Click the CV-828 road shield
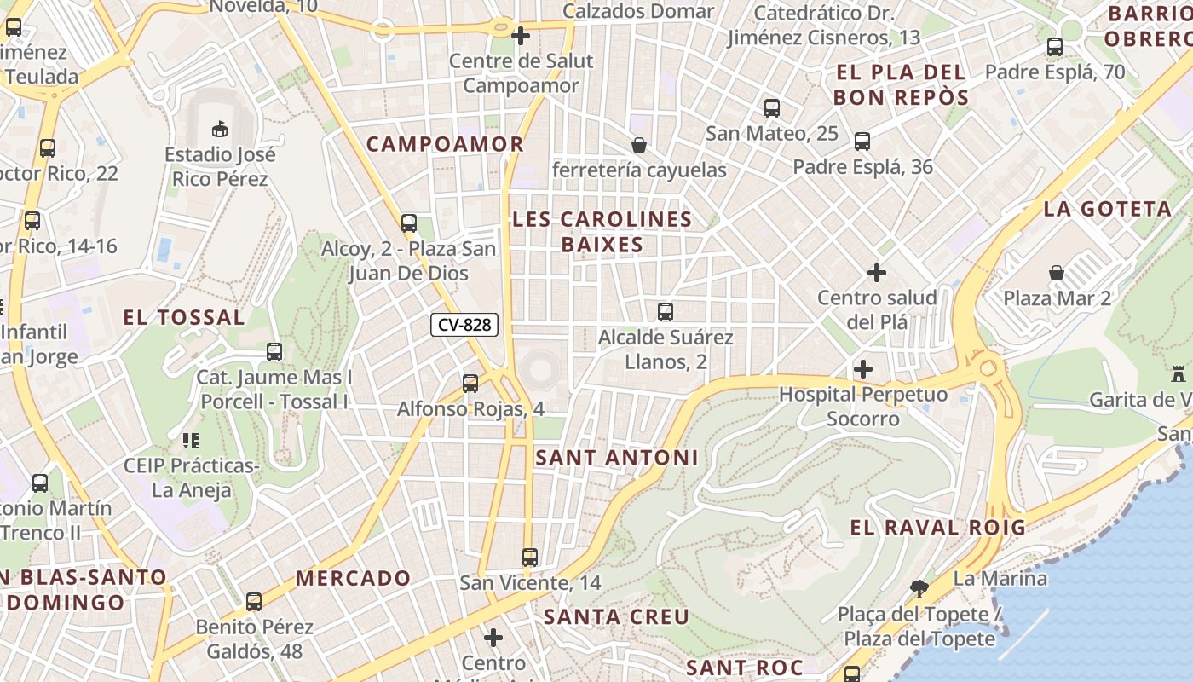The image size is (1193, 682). pyautogui.click(x=464, y=325)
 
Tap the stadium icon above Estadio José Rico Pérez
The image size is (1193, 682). pyautogui.click(x=220, y=129)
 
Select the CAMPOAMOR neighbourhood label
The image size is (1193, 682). pyautogui.click(x=445, y=144)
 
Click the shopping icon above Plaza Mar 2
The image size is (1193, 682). pyautogui.click(x=1057, y=273)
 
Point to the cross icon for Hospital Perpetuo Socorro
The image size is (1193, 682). pyautogui.click(x=863, y=369)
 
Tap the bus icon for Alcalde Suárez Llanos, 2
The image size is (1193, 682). pyautogui.click(x=666, y=311)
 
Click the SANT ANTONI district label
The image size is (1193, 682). pyautogui.click(x=617, y=458)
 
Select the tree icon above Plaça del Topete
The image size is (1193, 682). pyautogui.click(x=919, y=587)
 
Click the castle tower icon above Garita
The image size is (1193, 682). pyautogui.click(x=1179, y=373)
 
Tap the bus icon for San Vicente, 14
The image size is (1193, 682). pyautogui.click(x=530, y=558)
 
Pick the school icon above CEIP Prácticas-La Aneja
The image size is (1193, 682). pyautogui.click(x=191, y=441)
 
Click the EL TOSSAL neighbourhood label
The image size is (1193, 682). pyautogui.click(x=184, y=318)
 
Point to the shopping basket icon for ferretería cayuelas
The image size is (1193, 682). pyautogui.click(x=638, y=145)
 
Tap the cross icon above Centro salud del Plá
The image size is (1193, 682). pyautogui.click(x=877, y=273)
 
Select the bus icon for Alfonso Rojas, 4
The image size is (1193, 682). pyautogui.click(x=470, y=384)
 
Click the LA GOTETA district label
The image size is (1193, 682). pyautogui.click(x=1108, y=209)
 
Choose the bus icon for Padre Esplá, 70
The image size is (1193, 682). pyautogui.click(x=1055, y=47)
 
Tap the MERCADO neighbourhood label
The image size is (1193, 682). pyautogui.click(x=353, y=578)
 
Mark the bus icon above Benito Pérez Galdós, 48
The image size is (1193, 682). pyautogui.click(x=254, y=602)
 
